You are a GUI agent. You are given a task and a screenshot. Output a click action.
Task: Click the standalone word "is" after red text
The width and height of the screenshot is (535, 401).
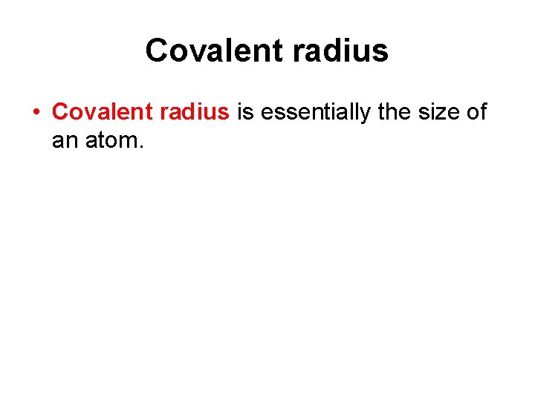[x=245, y=112]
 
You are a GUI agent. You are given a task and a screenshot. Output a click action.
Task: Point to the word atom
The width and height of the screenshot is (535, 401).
[x=111, y=139]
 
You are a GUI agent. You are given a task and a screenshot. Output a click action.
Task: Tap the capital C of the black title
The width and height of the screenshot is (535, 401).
[x=158, y=50]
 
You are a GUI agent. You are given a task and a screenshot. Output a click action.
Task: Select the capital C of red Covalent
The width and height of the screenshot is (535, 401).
[x=61, y=112]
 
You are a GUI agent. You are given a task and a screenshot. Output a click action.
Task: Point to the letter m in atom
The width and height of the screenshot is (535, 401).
[x=129, y=140]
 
